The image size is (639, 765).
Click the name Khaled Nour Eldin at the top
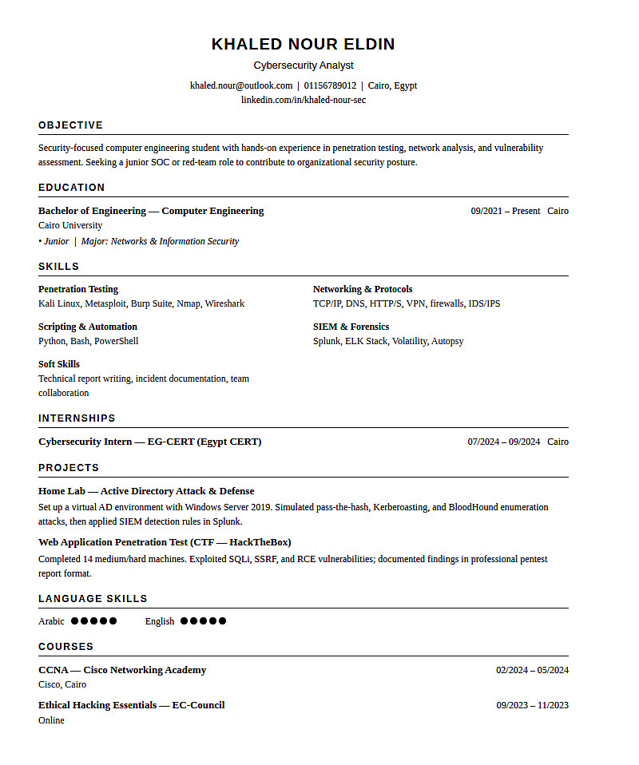(303, 44)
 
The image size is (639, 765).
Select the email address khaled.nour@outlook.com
(241, 85)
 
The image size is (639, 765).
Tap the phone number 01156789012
(330, 85)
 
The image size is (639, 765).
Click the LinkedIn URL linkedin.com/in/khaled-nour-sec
(304, 100)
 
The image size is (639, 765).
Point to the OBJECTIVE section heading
(70, 125)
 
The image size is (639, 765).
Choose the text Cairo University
(70, 225)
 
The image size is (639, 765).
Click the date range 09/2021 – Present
(505, 211)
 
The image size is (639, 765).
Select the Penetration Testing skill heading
(78, 289)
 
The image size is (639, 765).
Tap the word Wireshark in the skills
(224, 303)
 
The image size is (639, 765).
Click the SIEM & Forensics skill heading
(351, 327)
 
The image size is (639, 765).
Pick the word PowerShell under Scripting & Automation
(116, 341)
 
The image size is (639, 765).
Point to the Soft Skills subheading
(59, 364)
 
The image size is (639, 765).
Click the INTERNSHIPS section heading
(77, 418)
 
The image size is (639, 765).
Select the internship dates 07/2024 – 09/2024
(503, 442)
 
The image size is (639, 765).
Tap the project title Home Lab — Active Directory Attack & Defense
(146, 491)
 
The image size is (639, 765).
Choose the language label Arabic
(51, 621)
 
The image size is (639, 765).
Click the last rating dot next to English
(223, 621)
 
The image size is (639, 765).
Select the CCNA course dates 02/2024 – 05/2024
(532, 670)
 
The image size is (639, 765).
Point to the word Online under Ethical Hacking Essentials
(51, 720)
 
